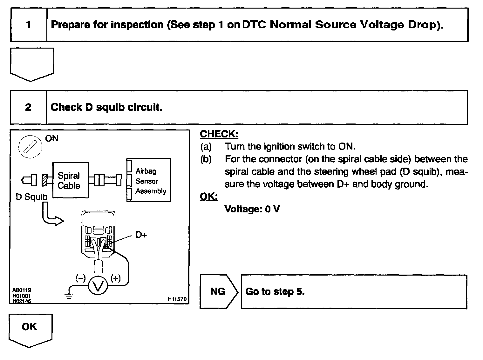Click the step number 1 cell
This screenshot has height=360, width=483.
(x=29, y=25)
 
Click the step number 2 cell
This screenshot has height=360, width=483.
(x=28, y=107)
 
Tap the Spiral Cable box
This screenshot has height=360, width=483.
(x=70, y=180)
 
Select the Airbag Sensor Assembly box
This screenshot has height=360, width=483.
(x=149, y=181)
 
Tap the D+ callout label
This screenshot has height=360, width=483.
(x=141, y=235)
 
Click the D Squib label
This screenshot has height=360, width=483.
(x=31, y=197)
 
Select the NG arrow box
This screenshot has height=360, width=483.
(x=218, y=291)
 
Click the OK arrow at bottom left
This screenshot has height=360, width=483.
(x=30, y=328)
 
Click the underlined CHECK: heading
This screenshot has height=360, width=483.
(x=219, y=134)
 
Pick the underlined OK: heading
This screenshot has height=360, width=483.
(x=208, y=197)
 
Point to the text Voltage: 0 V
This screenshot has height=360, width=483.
(x=252, y=209)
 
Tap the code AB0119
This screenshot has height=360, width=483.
(x=22, y=290)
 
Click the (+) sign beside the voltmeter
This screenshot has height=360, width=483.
(x=115, y=278)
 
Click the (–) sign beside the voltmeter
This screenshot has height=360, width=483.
(x=80, y=278)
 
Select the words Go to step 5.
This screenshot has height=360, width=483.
(x=275, y=291)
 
